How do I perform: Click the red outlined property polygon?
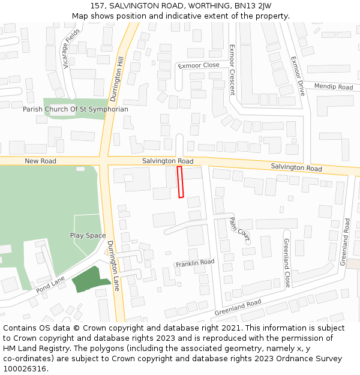tap(180, 182)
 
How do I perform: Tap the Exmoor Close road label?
tap(199, 65)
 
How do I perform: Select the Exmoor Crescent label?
tap(232, 70)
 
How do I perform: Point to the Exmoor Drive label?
tap(298, 76)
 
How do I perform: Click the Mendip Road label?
tap(334, 87)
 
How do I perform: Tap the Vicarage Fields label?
tap(71, 48)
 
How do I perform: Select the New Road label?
tap(41, 161)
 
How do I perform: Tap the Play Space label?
tap(88, 236)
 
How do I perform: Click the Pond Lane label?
tap(50, 285)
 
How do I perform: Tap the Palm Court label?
tap(239, 229)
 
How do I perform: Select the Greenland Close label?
tap(287, 263)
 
